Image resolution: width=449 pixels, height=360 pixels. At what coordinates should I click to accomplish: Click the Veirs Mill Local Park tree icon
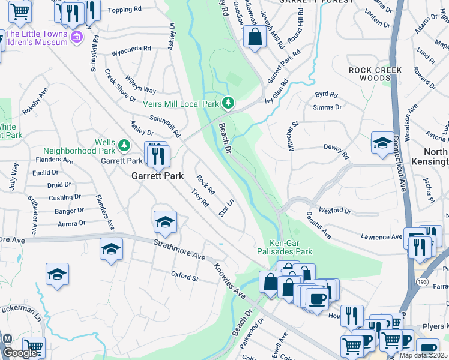coord(228,104)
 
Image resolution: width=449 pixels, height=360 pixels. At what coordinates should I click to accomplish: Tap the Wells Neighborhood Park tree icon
coord(124,145)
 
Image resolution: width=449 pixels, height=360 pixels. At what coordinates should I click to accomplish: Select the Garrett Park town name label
coord(158,176)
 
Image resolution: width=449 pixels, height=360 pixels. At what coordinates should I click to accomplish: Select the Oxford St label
coord(184,277)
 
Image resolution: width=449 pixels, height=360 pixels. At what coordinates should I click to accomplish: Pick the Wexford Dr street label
coord(334,211)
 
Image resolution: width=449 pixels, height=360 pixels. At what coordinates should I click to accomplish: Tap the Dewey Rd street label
coord(337,151)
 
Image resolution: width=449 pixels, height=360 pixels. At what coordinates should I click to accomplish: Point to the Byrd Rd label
coord(326,95)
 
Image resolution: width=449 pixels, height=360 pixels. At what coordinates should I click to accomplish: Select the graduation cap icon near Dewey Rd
coord(382,143)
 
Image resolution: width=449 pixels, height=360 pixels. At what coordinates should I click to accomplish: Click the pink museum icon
coord(76,38)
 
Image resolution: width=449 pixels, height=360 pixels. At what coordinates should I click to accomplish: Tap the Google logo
coord(20,353)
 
